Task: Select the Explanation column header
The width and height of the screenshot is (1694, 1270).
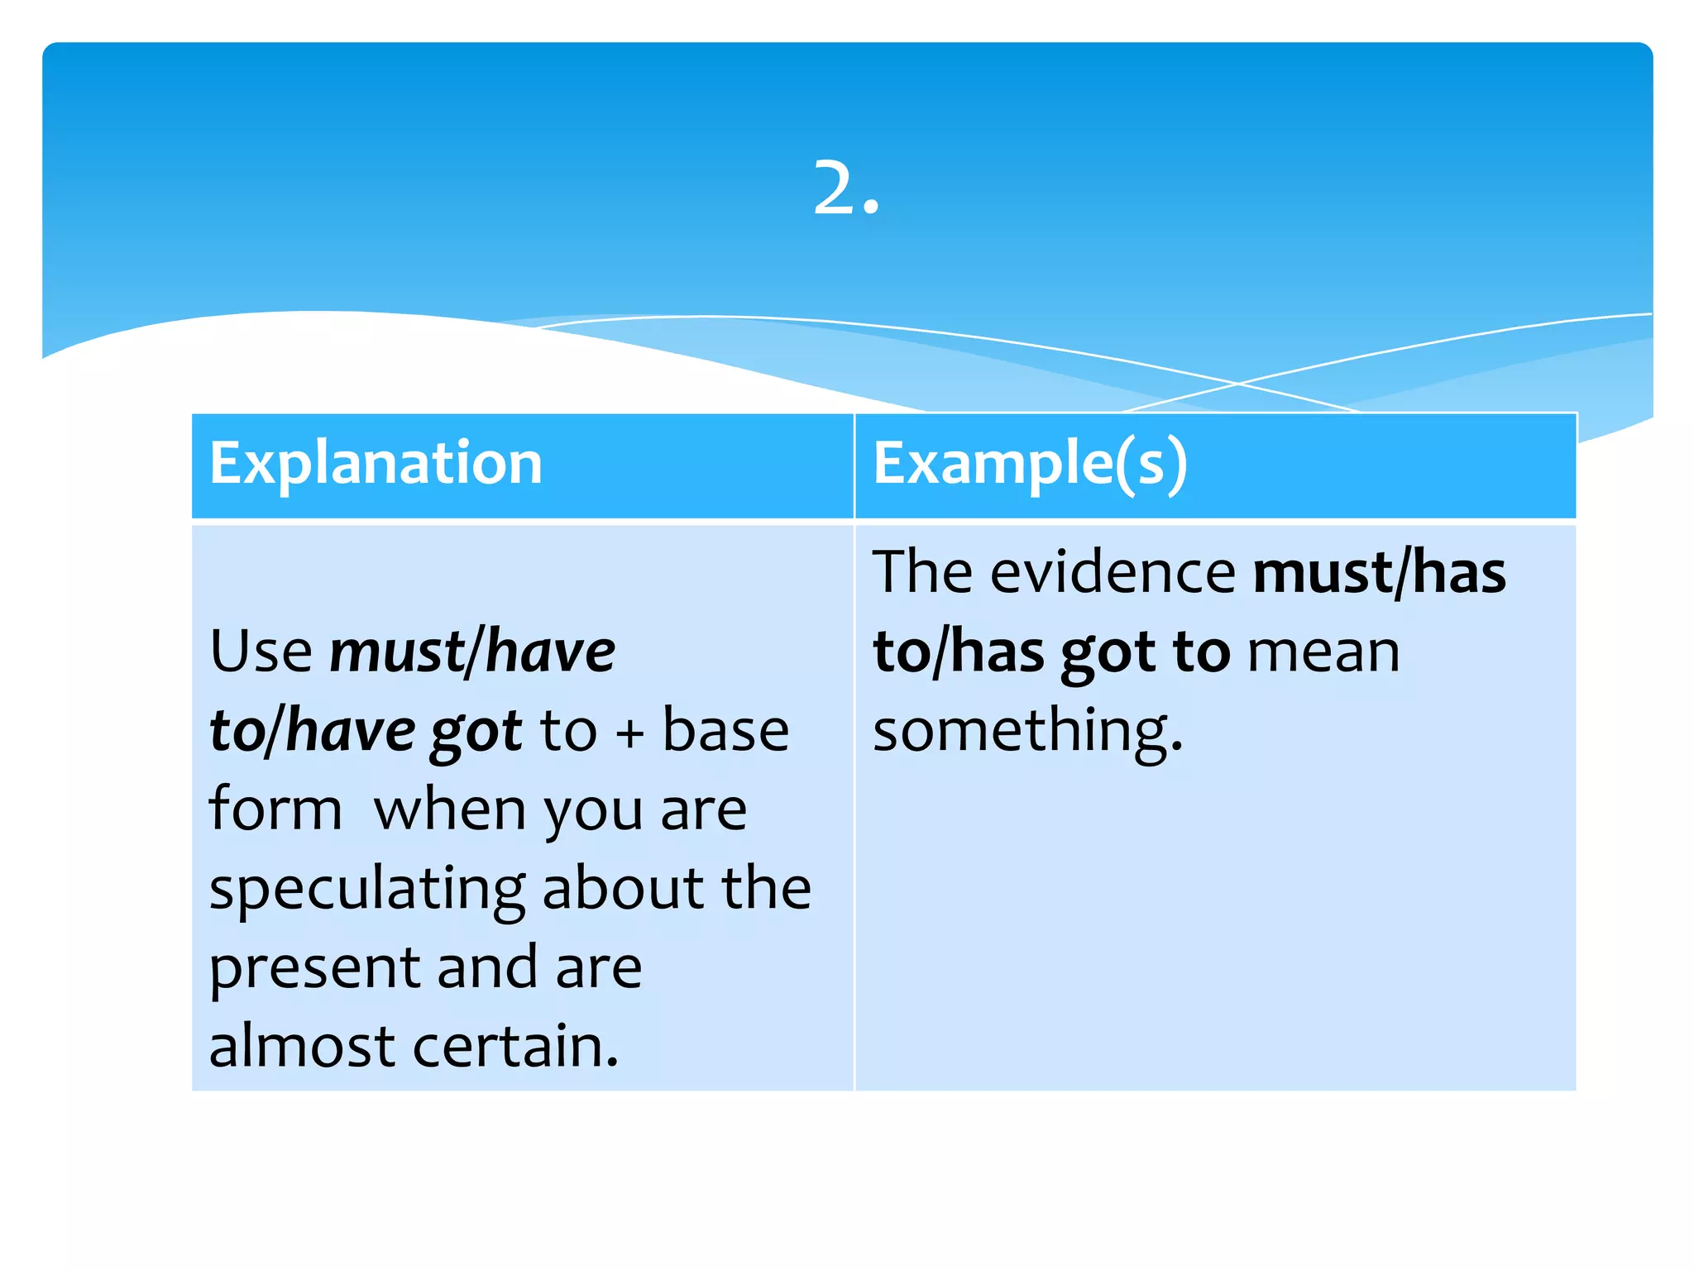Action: coord(376,463)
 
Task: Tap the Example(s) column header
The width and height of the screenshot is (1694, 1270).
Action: coord(1030,463)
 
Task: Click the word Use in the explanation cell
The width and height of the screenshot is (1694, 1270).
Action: coord(261,651)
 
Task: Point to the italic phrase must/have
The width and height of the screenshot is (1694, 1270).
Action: coord(472,651)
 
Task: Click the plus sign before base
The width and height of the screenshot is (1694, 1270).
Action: coord(629,733)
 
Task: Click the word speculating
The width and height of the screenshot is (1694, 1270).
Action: coord(366,890)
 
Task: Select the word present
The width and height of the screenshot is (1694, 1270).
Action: coord(315,968)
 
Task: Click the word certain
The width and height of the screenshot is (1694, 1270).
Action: coord(514,1046)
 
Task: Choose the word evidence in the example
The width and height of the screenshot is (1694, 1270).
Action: coord(1113,572)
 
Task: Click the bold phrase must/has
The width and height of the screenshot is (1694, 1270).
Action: coord(1380,572)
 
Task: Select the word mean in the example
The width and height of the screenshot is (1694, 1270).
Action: coord(1323,652)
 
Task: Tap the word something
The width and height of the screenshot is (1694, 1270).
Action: coord(1027,731)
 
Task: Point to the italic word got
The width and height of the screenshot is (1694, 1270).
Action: coord(476,733)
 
